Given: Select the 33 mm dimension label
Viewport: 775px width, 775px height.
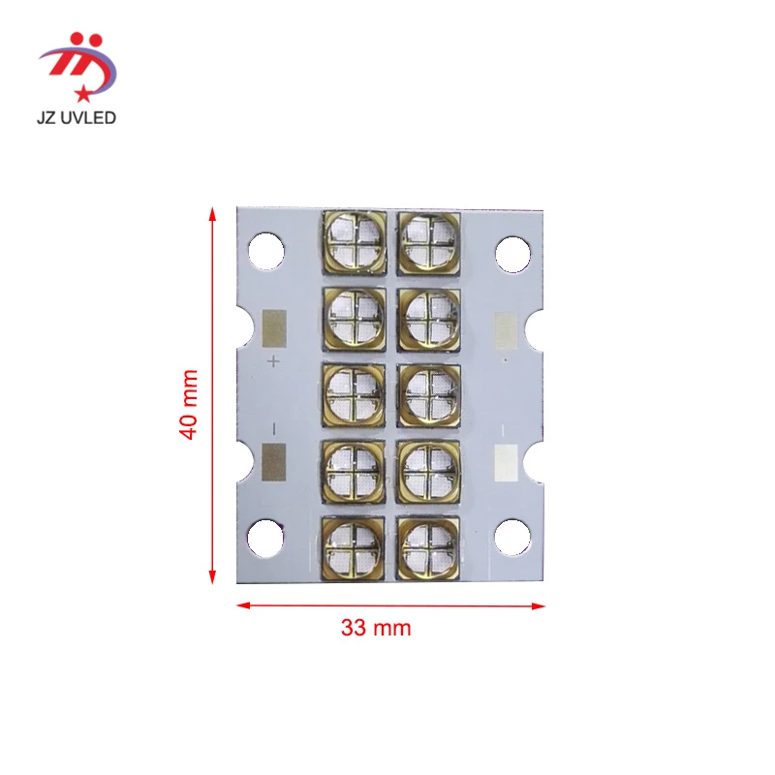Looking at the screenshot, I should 376,628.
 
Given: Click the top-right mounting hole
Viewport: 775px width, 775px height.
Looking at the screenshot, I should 512,253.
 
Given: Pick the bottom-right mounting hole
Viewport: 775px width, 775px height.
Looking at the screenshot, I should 512,536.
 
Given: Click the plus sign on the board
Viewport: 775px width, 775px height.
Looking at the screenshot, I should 273,361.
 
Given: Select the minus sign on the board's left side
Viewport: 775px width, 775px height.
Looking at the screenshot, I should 273,427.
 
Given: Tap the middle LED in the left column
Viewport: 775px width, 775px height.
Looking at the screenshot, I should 353,393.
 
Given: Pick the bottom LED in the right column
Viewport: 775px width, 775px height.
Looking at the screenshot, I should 428,545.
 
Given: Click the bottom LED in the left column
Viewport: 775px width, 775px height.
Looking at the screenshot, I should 353,545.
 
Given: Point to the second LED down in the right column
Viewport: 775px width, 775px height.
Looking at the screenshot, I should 428,317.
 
